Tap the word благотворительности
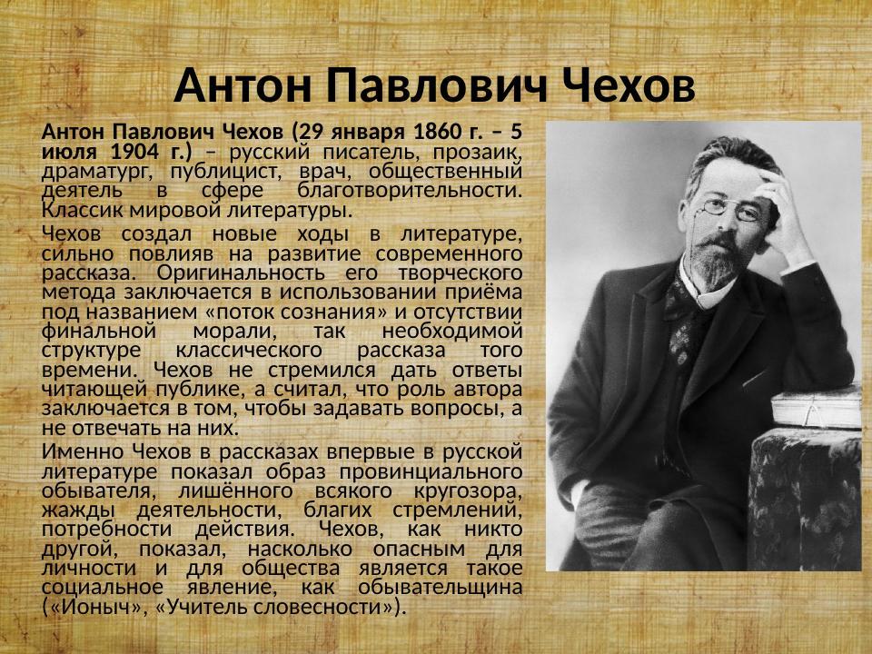pos(409,190)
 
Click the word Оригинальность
pos(235,272)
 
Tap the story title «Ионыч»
pos(96,607)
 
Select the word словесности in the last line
pos(322,607)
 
